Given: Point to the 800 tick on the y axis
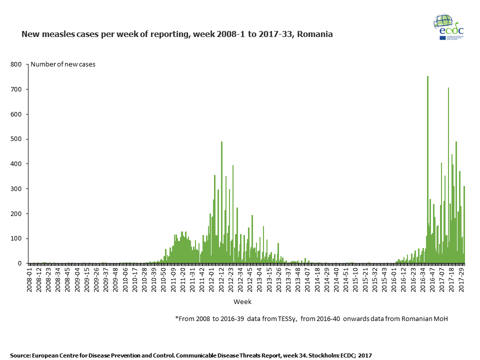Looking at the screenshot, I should coord(15,64).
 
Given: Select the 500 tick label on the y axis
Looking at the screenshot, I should coord(15,139).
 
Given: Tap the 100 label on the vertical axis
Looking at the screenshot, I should coord(15,238).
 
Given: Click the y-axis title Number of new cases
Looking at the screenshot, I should coord(63,64).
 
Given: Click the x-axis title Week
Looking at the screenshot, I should coord(242,302).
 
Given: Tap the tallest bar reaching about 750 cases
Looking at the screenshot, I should coord(427,170).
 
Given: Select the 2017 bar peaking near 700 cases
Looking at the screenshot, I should coord(448,175).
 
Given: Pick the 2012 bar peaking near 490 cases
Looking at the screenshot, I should coord(221,202).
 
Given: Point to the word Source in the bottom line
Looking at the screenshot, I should coord(19,355).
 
